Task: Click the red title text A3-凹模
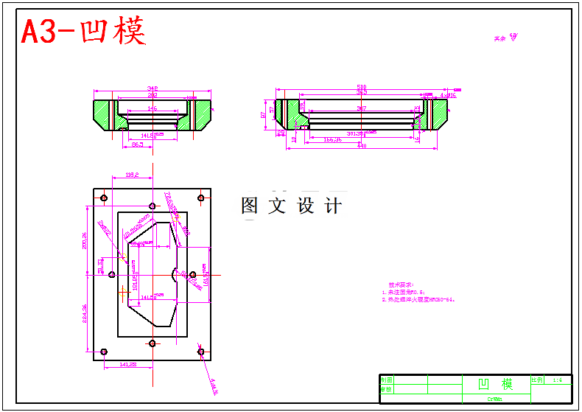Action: pos(83,32)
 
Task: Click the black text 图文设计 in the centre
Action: pos(291,206)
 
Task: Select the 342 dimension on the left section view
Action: pos(152,88)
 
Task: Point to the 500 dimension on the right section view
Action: pos(362,87)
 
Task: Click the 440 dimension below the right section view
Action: pos(362,146)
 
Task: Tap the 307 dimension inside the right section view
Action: pos(362,108)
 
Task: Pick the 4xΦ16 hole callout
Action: pos(448,95)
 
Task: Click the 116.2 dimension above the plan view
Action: pos(133,175)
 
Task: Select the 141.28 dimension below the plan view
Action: pos(127,364)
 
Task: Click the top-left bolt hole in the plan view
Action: pos(104,198)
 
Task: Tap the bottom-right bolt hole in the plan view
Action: pos(201,352)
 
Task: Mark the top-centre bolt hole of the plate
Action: pos(152,206)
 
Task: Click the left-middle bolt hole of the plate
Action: pos(111,275)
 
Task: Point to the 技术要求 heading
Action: pos(402,284)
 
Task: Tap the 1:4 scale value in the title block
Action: pos(557,380)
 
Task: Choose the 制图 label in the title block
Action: pos(386,380)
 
